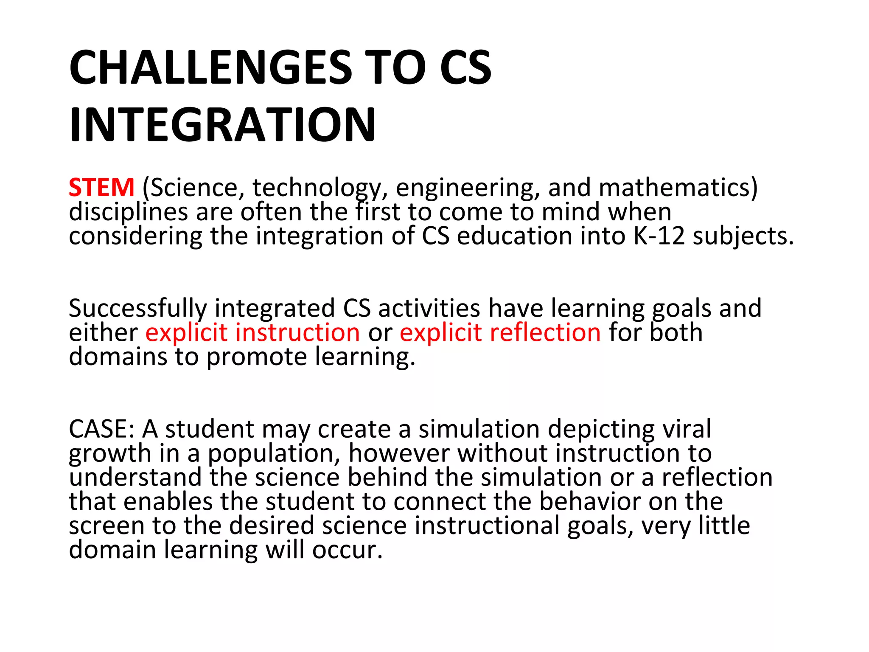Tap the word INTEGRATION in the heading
[222, 125]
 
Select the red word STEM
[101, 188]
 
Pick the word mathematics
[675, 188]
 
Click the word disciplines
[128, 212]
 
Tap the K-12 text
[659, 236]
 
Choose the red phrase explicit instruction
[253, 332]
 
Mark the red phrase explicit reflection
[500, 332]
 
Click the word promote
[257, 357]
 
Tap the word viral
[687, 429]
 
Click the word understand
[135, 478]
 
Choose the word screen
[107, 526]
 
